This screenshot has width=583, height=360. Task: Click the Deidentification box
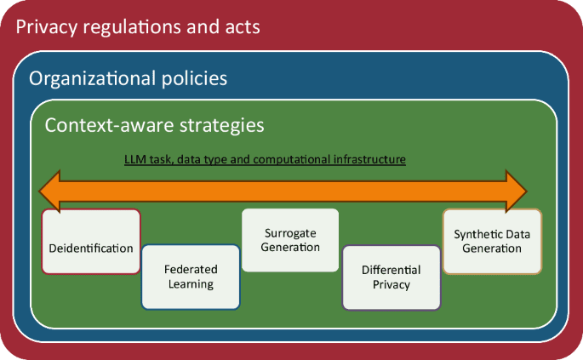[91, 242]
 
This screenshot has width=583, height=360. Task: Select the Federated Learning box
[191, 277]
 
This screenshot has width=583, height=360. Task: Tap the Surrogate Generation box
[290, 240]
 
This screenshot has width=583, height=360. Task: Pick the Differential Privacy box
[392, 277]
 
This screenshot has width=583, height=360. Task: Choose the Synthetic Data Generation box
[492, 242]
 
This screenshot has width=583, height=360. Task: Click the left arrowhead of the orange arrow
[50, 191]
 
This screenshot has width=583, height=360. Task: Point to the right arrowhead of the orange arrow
[516, 191]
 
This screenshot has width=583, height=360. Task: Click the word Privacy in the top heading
[47, 27]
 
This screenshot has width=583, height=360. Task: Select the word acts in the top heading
[243, 28]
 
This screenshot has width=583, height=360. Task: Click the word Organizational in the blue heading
[92, 79]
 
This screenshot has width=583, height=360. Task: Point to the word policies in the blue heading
[194, 79]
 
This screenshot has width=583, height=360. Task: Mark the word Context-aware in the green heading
[109, 125]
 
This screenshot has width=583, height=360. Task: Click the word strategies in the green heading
[222, 126]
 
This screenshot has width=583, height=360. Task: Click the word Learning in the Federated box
[191, 284]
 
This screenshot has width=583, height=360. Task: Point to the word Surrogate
[290, 233]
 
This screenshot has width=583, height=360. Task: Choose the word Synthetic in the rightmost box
[476, 235]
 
